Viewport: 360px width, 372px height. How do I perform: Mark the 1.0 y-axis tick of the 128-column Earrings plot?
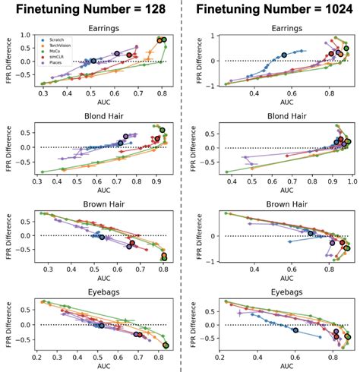27,35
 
